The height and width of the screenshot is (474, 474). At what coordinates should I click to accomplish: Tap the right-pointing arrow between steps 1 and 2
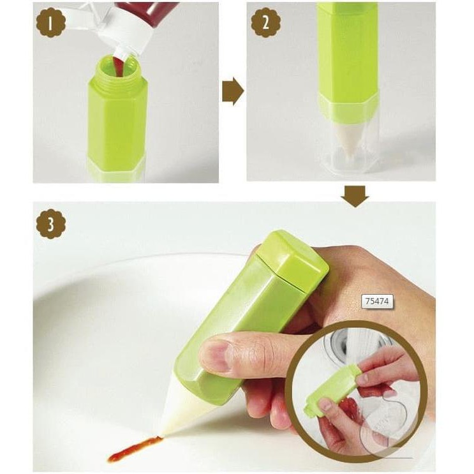point(233,91)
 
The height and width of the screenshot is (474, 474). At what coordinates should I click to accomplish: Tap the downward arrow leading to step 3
point(355,196)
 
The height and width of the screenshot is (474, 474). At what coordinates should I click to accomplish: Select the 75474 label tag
point(376,300)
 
